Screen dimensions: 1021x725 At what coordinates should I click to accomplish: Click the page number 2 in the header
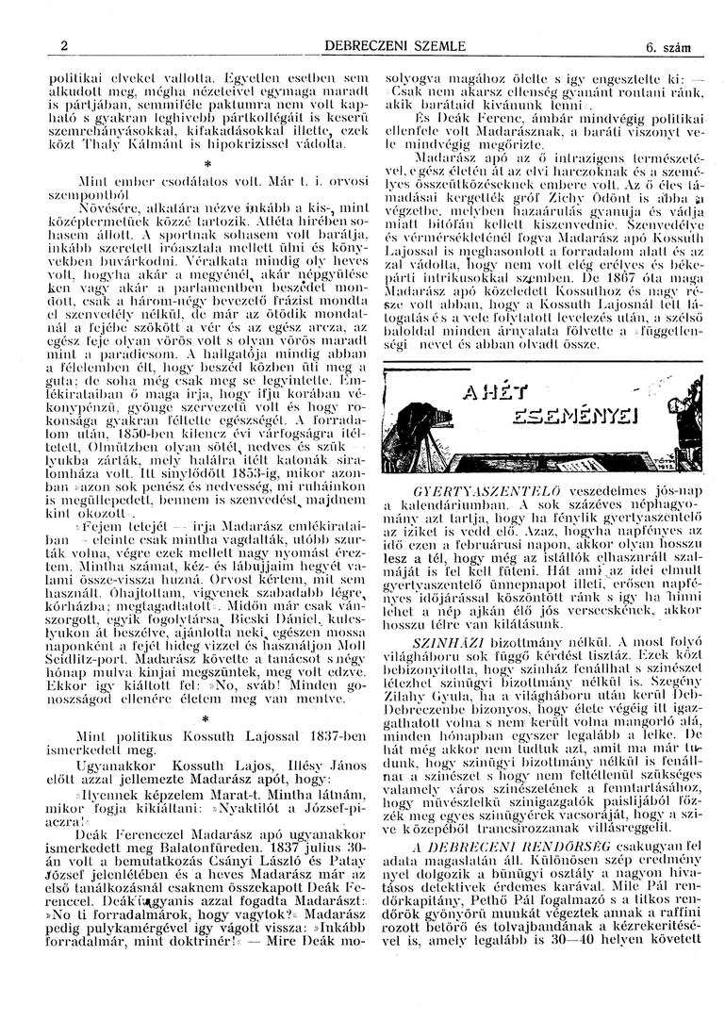tap(63, 45)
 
